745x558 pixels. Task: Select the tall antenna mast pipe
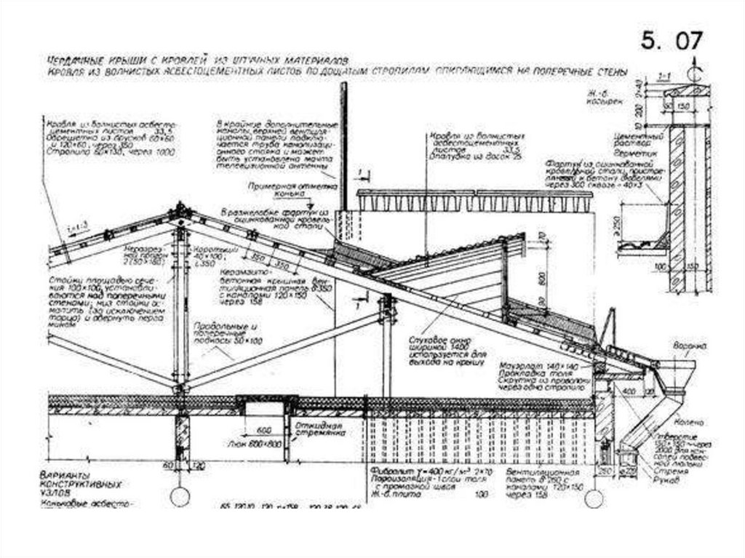tap(344, 146)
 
